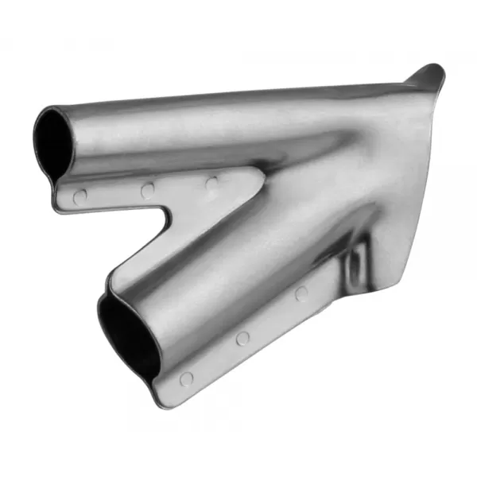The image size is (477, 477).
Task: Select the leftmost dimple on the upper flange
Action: (79, 195)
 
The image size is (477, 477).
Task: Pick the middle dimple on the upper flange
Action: (148, 190)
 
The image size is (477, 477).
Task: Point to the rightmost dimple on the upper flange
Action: (211, 184)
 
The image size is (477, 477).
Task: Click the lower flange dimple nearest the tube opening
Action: (186, 378)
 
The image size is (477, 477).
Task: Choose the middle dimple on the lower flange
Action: (242, 338)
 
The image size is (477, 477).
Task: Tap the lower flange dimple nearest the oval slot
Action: (301, 293)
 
